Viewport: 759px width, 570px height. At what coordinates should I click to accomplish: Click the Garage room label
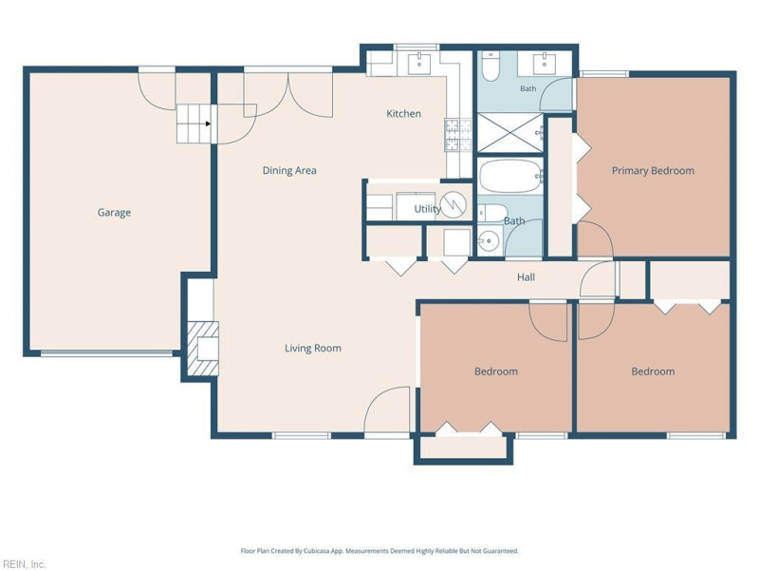[114, 213]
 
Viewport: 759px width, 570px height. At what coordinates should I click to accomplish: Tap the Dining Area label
[289, 171]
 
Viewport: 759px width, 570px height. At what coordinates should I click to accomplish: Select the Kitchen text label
[404, 114]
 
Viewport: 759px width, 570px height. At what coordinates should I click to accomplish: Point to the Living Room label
[313, 348]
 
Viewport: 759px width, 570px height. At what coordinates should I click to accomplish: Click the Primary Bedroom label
[653, 171]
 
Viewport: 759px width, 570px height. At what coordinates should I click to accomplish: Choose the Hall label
[526, 277]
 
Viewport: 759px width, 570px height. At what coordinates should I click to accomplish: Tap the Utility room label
[428, 209]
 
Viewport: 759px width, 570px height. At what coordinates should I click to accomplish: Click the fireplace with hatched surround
[203, 349]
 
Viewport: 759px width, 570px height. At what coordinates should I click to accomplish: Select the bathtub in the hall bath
[509, 176]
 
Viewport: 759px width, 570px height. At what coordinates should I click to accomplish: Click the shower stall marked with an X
[510, 132]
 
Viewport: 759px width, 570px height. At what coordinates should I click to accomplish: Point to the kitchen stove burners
[458, 135]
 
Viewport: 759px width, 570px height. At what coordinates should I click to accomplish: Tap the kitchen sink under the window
[419, 63]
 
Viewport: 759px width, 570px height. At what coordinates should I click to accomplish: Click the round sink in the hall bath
[490, 240]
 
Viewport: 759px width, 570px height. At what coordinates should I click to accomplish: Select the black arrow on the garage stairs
[208, 123]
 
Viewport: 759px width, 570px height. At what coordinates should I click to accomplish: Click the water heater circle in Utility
[454, 205]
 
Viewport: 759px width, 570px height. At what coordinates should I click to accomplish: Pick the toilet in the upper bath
[490, 66]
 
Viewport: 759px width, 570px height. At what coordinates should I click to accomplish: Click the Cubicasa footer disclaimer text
[379, 551]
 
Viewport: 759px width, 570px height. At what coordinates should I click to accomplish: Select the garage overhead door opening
[106, 353]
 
